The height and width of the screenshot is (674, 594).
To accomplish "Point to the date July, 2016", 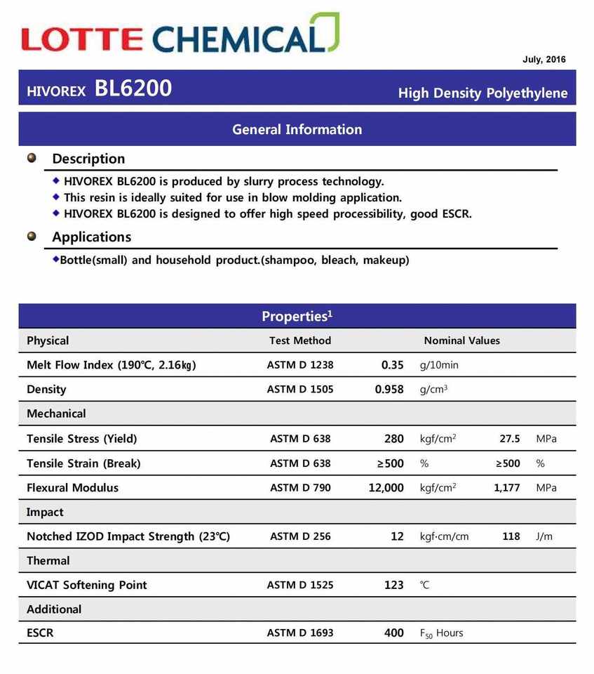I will [544, 60].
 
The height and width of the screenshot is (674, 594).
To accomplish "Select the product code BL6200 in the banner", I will [133, 89].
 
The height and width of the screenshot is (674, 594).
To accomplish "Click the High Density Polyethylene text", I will [482, 93].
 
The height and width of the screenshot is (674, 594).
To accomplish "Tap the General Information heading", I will [297, 129].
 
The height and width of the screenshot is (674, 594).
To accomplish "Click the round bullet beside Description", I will [32, 157].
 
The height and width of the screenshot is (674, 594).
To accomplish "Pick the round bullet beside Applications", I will [32, 236].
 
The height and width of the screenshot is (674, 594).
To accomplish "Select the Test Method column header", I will [299, 341].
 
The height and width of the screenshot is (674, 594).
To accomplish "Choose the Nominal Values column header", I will [461, 341].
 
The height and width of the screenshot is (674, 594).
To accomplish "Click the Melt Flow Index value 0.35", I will [392, 365].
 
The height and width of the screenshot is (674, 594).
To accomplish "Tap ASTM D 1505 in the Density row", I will [299, 390].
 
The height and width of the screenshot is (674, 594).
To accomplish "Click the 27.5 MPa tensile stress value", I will [509, 439].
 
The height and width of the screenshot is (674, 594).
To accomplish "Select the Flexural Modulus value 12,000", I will [386, 488].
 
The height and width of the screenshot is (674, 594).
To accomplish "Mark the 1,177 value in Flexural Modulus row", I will [506, 488].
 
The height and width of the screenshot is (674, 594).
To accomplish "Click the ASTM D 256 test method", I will [299, 536].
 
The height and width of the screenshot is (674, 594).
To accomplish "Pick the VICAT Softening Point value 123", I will [393, 585].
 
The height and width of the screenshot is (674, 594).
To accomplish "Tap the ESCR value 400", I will [393, 633].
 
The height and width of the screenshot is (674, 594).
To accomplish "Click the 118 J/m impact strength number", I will [511, 536].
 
